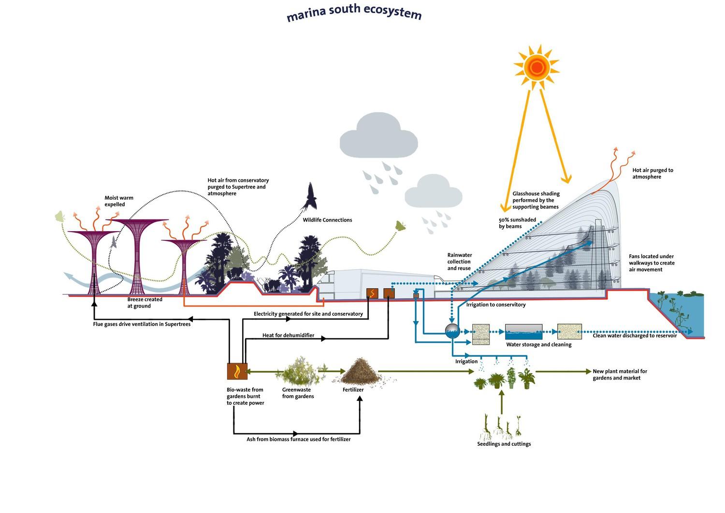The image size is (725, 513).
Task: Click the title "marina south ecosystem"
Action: [354, 13]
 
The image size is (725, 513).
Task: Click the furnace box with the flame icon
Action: [237, 371]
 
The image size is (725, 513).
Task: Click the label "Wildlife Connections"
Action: [327, 220]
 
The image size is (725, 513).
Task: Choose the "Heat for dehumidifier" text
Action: [288, 335]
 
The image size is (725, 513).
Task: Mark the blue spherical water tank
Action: [452, 331]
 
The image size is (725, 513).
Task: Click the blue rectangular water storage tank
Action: [523, 332]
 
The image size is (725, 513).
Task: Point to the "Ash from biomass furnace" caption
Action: [298, 439]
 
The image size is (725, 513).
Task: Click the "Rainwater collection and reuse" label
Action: [459, 262]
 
